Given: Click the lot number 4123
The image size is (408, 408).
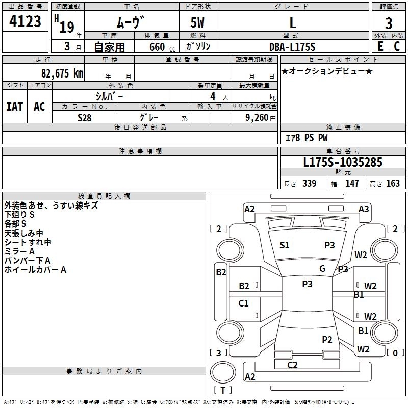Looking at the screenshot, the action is pyautogui.click(x=25, y=21).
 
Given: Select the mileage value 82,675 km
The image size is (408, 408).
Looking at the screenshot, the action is pyautogui.click(x=62, y=73).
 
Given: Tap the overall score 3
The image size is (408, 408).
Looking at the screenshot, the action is pyautogui.click(x=389, y=23).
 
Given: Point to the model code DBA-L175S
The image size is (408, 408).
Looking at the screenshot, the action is pyautogui.click(x=292, y=47).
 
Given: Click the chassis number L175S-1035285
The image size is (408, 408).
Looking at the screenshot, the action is pyautogui.click(x=343, y=162).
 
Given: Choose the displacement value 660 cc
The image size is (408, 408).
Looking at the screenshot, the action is pyautogui.click(x=162, y=47).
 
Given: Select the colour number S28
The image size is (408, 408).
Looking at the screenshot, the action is pyautogui.click(x=85, y=118).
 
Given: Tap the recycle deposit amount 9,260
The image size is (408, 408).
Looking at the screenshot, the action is pyautogui.click(x=257, y=118).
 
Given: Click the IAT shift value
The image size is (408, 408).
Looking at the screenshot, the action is pyautogui.click(x=15, y=107).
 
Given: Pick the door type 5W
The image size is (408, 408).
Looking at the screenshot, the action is pyautogui.click(x=197, y=22).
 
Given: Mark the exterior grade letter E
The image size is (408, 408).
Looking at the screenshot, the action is pyautogui.click(x=380, y=46).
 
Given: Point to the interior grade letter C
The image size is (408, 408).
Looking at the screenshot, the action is pyautogui.click(x=397, y=46).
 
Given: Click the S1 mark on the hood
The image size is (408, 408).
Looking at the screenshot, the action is pyautogui.click(x=285, y=245).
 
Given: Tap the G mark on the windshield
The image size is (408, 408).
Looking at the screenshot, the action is pyautogui.click(x=322, y=269).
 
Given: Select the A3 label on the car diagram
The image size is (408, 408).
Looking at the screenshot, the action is pyautogui.click(x=364, y=209).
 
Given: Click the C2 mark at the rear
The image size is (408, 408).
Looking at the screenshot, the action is pyautogui.click(x=292, y=365).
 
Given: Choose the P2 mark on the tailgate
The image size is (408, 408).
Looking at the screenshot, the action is pyautogui.click(x=327, y=339).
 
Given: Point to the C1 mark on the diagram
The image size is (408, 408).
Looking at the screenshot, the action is pyautogui.click(x=244, y=303).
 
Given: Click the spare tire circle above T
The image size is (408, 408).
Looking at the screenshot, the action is pyautogui.click(x=223, y=372).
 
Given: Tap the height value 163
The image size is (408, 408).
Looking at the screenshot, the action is pyautogui.click(x=393, y=184).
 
